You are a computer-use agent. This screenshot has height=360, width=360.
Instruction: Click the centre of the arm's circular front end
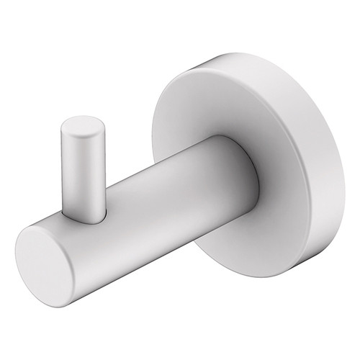[x=53, y=258]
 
